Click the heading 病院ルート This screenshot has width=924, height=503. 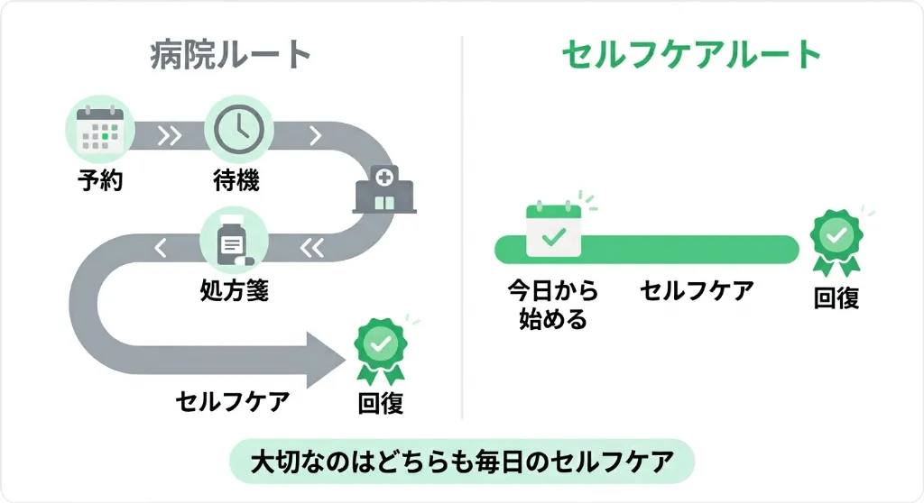(231, 56)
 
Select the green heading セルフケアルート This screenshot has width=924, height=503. (691, 56)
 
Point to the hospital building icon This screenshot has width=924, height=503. (383, 188)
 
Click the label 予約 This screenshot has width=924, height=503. (99, 181)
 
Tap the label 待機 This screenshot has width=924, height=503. (236, 181)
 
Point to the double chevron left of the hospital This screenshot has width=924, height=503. (311, 245)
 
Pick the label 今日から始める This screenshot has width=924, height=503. (552, 305)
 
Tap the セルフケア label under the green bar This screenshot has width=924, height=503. (697, 291)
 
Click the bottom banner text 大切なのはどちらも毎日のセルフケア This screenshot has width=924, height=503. (462, 462)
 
